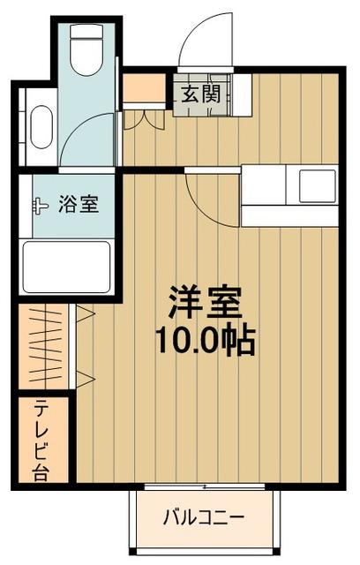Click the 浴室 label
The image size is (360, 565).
click(78, 205)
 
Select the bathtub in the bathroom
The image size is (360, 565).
click(66, 266)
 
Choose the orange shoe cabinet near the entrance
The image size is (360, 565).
click(143, 88)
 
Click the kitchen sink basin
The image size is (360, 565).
click(316, 186)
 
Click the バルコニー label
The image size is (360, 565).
click(203, 517)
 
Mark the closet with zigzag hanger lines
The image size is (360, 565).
click(43, 345)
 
